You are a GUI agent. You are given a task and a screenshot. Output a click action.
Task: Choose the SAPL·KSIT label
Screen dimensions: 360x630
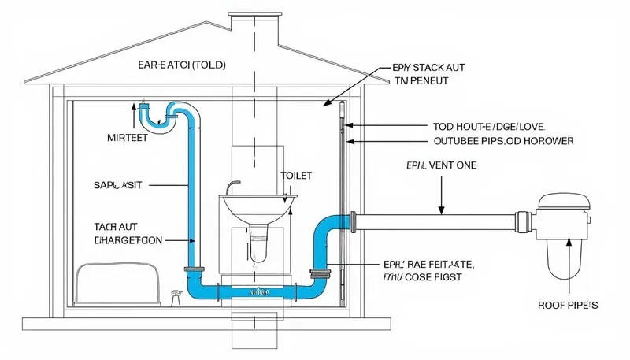[x=117, y=184]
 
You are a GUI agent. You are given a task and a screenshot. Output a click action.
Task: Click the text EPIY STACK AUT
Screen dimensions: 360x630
[x=427, y=69]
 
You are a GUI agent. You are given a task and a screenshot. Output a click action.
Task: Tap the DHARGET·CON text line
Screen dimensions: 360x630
[x=128, y=239]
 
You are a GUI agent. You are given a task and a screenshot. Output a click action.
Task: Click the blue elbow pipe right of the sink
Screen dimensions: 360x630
[x=327, y=236]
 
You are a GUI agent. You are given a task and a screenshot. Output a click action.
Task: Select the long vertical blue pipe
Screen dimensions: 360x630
[x=190, y=197]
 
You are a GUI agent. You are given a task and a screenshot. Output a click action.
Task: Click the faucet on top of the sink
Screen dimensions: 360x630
[x=230, y=187]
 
